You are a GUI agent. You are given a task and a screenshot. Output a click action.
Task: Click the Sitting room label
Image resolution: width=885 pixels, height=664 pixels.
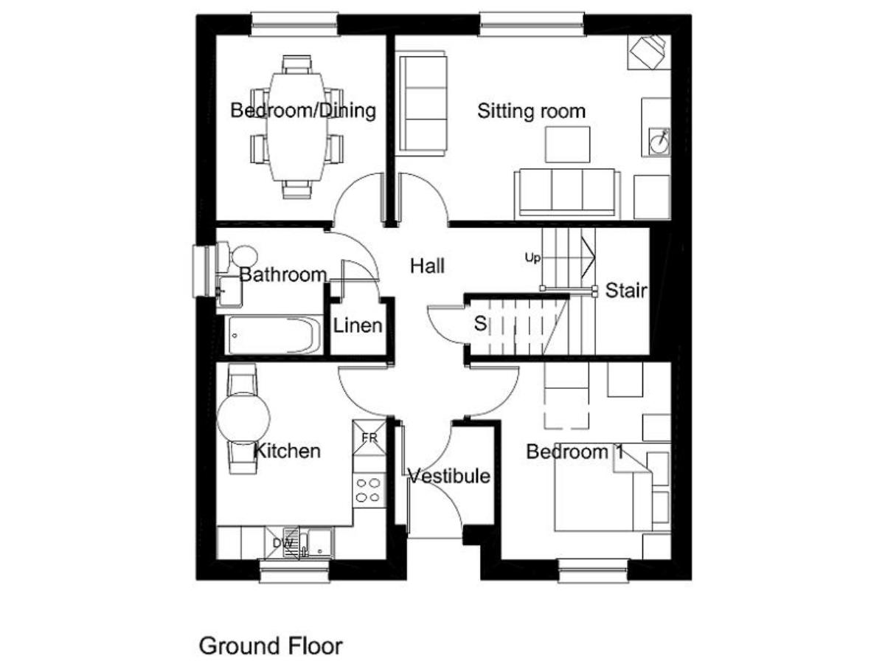tap(531, 111)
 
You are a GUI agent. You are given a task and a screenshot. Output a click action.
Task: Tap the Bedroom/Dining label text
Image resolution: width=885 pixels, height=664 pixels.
tap(303, 111)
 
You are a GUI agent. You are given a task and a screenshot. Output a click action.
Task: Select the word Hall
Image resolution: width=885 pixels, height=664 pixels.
tap(427, 266)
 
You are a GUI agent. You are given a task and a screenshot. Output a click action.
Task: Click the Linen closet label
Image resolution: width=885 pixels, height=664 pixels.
tap(358, 326)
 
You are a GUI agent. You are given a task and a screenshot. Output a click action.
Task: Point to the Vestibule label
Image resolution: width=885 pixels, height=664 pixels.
tap(449, 476)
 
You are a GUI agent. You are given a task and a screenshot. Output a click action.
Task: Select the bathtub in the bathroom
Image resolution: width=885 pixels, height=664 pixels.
tap(273, 335)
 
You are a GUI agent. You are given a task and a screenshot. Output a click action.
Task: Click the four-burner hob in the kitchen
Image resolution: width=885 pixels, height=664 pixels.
tap(369, 489)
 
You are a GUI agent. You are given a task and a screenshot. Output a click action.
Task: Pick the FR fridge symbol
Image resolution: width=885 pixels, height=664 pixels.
tap(369, 438)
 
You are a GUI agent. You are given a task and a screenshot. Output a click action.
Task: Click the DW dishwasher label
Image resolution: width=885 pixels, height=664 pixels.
tap(282, 543)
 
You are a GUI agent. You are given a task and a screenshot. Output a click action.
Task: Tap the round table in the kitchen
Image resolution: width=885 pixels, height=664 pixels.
tap(243, 418)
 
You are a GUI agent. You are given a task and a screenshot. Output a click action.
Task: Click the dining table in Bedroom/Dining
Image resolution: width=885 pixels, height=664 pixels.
tap(296, 127)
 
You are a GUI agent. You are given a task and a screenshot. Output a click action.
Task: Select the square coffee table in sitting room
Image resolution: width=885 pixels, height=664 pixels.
tap(567, 145)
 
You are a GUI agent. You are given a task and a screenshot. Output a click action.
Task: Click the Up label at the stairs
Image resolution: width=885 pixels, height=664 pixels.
tap(532, 257)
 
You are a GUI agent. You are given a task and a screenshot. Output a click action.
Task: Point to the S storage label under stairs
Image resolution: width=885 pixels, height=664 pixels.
tap(480, 323)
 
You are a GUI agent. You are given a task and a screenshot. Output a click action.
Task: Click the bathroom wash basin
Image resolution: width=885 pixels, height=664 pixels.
tap(230, 291)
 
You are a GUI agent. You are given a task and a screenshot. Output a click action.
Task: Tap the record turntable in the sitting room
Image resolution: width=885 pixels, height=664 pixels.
tap(659, 142)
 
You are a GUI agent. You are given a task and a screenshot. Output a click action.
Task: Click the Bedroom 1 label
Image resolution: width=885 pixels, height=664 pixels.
tap(575, 452)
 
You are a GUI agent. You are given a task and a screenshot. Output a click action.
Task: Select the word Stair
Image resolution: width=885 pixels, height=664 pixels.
tap(626, 290)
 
